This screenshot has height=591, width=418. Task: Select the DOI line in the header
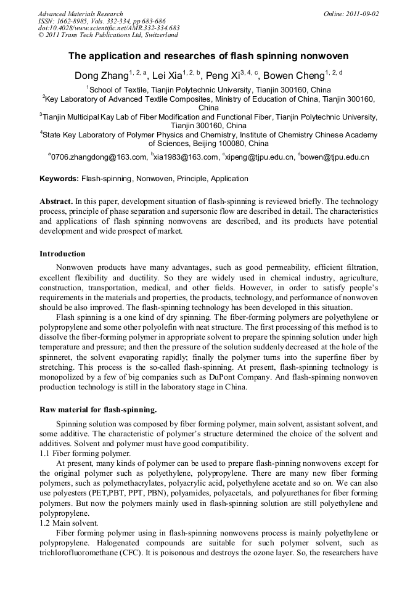pos(109,28)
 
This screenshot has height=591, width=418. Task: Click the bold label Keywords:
pos(59,179)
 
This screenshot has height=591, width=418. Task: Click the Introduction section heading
pos(62,253)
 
